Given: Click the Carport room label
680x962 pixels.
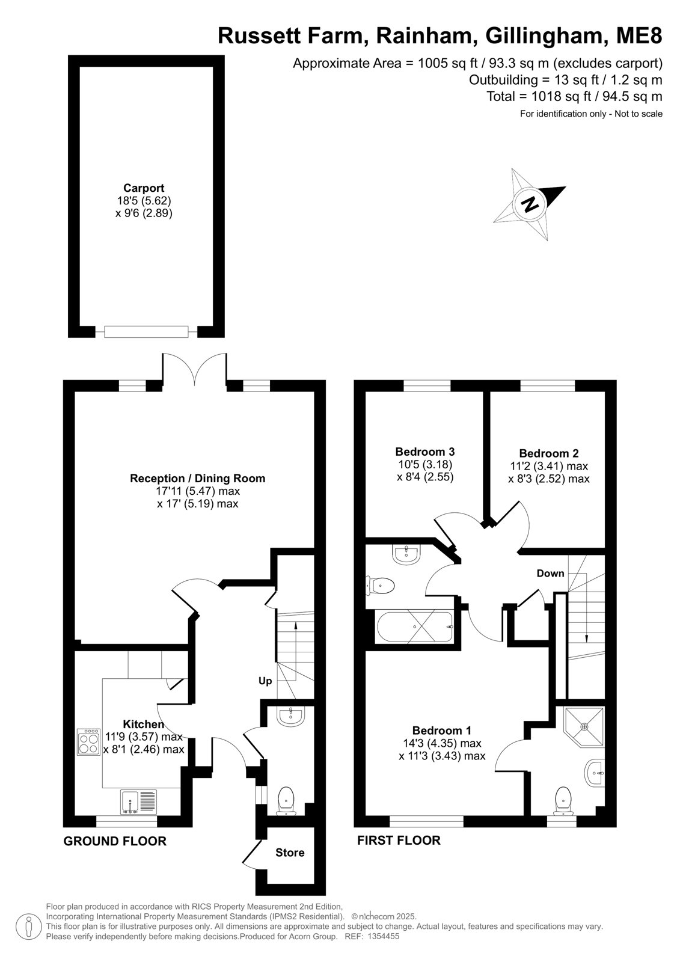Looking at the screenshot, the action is click(x=144, y=188).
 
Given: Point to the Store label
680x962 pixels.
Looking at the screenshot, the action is click(x=290, y=853).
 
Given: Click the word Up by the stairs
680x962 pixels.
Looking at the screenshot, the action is click(x=265, y=681).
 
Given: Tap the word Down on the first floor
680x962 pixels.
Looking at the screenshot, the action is click(x=550, y=574).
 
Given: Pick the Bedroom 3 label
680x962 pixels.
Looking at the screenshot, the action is click(x=424, y=452).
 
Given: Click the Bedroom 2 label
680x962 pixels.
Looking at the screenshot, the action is click(x=548, y=453).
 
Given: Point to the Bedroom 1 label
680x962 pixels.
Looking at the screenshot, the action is click(x=441, y=730).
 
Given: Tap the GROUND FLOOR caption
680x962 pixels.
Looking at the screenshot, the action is click(x=115, y=841).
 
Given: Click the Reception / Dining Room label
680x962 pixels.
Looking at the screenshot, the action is click(x=198, y=478).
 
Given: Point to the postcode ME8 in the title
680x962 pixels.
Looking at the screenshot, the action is click(x=639, y=35).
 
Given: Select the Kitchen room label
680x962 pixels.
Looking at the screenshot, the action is click(x=144, y=724).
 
